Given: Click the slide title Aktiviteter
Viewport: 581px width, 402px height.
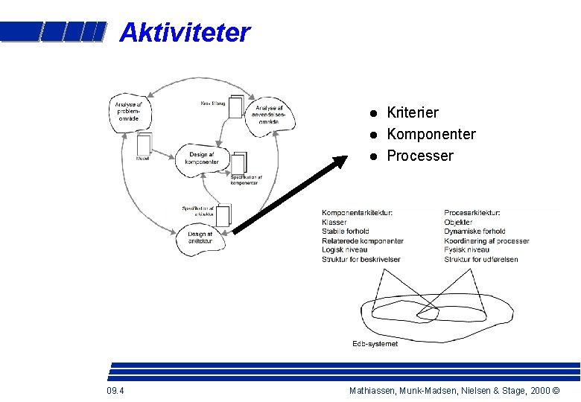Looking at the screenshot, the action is coord(185,33).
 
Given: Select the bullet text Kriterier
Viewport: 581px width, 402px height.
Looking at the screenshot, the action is coord(413,112).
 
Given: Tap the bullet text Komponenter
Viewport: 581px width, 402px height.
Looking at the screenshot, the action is coord(431,134).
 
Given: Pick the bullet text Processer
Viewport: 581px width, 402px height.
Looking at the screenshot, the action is coord(419,156).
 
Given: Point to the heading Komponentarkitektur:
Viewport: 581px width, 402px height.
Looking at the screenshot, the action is coord(358,213).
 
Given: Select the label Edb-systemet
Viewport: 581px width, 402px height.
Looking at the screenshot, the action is coord(375,344).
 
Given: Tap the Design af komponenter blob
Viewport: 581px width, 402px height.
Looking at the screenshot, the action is coord(202,159).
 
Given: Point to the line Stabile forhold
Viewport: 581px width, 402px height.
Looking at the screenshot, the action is coord(346,232).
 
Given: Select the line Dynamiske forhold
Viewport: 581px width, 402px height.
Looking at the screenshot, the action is coord(474,232).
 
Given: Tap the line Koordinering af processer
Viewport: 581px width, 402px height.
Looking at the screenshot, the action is coord(486,241).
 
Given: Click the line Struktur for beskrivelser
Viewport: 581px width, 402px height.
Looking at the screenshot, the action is coord(361,260).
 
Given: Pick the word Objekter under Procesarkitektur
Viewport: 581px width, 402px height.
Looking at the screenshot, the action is coord(458,223).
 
